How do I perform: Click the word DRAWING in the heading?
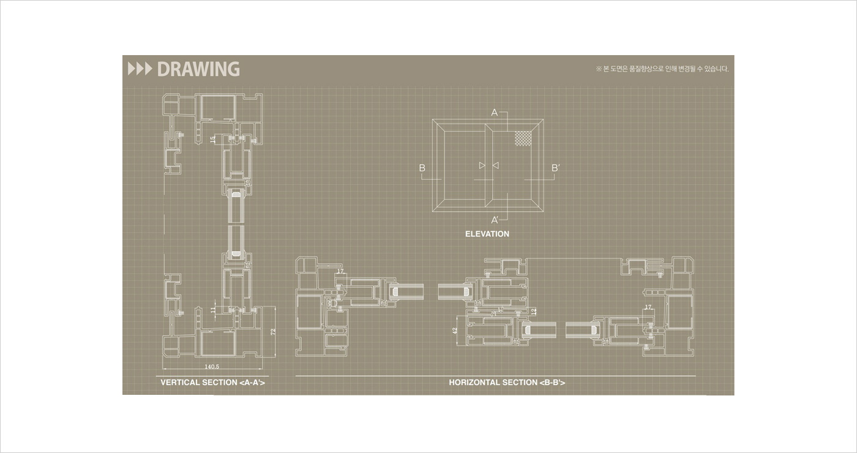click(x=198, y=69)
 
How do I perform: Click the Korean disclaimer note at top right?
click(x=662, y=69)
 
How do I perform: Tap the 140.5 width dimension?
click(x=212, y=366)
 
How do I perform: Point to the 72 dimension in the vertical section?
click(x=274, y=331)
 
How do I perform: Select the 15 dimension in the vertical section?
click(x=213, y=140)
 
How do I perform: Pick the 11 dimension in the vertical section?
click(x=213, y=310)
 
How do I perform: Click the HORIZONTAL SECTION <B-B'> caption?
click(x=507, y=383)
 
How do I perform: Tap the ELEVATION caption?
click(x=487, y=234)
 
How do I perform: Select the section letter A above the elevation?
click(x=495, y=113)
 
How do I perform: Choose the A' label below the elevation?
click(x=495, y=220)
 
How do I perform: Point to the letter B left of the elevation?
click(x=422, y=168)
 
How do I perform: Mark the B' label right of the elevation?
click(x=555, y=168)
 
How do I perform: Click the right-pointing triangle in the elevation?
click(x=482, y=165)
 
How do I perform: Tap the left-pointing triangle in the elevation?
click(x=496, y=165)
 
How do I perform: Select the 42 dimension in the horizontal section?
click(x=455, y=331)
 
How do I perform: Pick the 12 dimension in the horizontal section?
click(x=534, y=312)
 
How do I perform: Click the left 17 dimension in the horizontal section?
click(x=341, y=271)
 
